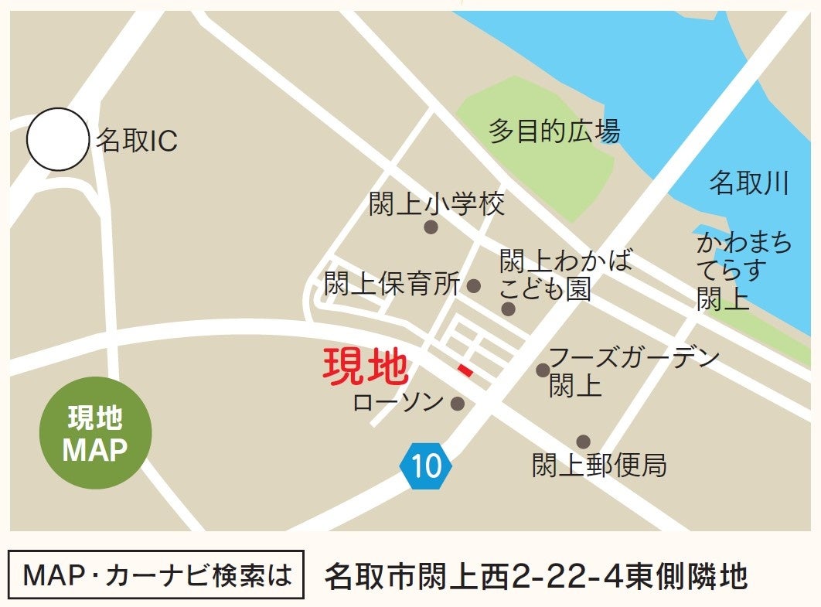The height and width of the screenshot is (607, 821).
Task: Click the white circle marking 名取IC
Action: [58, 139]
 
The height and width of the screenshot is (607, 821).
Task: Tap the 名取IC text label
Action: [137, 141]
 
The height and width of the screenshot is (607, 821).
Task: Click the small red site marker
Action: [465, 371]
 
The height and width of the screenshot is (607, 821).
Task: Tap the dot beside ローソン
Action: [458, 404]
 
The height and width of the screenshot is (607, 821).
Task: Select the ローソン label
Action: [398, 402]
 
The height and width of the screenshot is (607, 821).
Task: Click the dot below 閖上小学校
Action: [431, 227]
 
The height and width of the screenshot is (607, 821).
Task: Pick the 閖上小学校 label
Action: [437, 204]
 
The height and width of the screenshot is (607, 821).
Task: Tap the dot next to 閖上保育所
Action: [474, 286]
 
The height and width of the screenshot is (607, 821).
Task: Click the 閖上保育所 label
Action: [393, 285]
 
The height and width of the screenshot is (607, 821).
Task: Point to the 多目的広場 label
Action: [554, 131]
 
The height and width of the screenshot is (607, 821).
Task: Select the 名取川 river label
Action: [749, 183]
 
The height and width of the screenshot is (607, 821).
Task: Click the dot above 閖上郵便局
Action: [583, 442]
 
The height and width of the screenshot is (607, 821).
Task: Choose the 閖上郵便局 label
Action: [599, 465]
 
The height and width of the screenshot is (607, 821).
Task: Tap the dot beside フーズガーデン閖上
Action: [543, 370]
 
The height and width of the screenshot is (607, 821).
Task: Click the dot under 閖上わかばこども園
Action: [508, 309]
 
